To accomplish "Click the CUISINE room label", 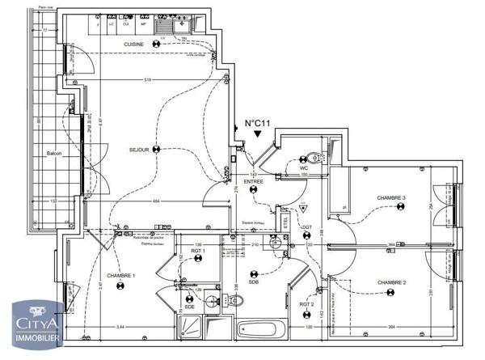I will [x=134, y=44].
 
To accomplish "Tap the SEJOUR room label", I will [x=140, y=150].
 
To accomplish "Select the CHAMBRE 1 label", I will [x=121, y=276].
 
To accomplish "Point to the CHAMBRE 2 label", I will [x=390, y=282].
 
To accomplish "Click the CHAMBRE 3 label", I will [x=390, y=197].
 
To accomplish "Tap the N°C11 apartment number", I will [x=257, y=124].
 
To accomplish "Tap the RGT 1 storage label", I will [x=198, y=252].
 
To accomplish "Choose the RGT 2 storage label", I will [x=306, y=304].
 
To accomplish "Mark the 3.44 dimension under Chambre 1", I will [x=120, y=325].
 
